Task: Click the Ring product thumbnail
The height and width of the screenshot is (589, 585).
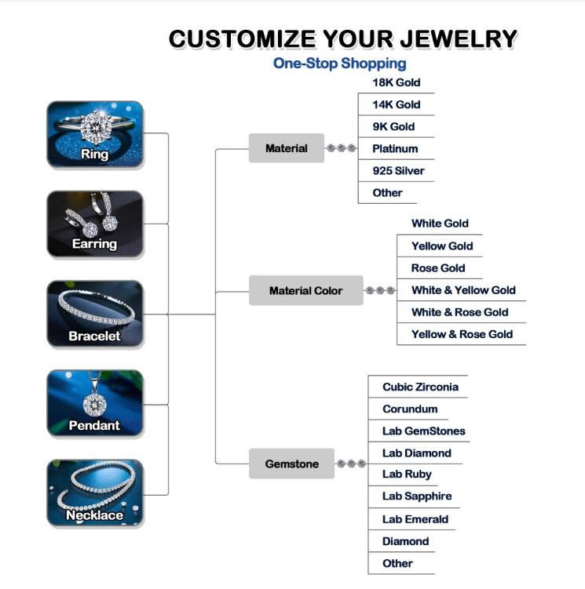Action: click(x=95, y=134)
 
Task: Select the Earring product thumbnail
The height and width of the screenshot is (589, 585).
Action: click(x=95, y=224)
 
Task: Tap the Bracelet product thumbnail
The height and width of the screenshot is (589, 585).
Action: click(x=95, y=314)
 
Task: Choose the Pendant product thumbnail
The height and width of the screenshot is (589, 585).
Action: click(x=95, y=404)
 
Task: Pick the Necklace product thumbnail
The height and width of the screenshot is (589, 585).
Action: click(x=95, y=493)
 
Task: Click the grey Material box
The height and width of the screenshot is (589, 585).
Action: click(x=287, y=148)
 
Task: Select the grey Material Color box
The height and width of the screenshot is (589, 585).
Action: click(x=305, y=290)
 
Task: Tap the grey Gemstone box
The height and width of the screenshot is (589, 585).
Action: click(x=292, y=464)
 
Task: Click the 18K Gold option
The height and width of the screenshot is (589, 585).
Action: click(x=396, y=82)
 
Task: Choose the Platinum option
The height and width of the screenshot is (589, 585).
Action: click(x=395, y=148)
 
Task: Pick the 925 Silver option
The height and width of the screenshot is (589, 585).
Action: click(x=398, y=170)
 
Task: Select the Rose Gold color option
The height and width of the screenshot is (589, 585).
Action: click(x=438, y=267)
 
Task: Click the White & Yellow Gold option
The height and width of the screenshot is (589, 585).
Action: click(x=463, y=290)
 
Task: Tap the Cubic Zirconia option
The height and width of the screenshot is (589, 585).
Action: click(x=420, y=387)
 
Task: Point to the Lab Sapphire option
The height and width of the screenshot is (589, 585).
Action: click(x=417, y=496)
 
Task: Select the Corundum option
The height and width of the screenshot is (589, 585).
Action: click(x=410, y=409)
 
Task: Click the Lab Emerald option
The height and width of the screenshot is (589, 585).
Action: click(x=415, y=518)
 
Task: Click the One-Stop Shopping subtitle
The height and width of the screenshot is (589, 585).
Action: click(x=339, y=64)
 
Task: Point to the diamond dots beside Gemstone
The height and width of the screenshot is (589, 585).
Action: click(x=351, y=464)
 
